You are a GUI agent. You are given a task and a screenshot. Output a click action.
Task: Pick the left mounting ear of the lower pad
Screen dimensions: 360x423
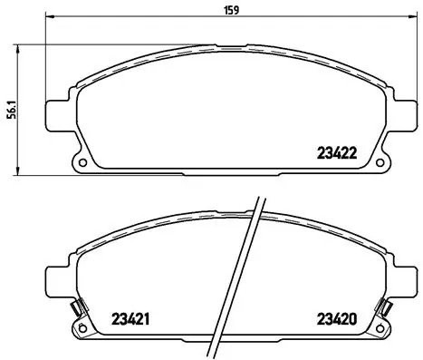coord(57,280)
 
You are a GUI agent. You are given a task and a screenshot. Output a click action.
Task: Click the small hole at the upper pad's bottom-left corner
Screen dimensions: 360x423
coord(82,164)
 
